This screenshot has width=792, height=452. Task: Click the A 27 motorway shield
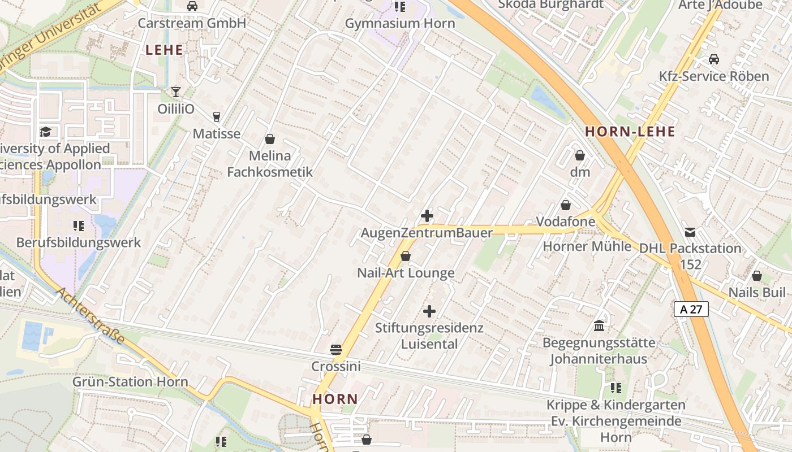pyautogui.click(x=691, y=309)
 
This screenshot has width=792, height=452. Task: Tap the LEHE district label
pyautogui.click(x=164, y=50)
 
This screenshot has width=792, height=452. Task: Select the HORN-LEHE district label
pyautogui.click(x=630, y=132)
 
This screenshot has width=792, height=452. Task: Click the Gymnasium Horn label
pyautogui.click(x=399, y=24)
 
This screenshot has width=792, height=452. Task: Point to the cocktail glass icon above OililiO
pyautogui.click(x=176, y=92)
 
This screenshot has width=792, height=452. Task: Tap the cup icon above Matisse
pyautogui.click(x=216, y=117)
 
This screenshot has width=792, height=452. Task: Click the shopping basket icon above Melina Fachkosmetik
pyautogui.click(x=270, y=139)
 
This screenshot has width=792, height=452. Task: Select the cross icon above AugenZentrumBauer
pyautogui.click(x=427, y=216)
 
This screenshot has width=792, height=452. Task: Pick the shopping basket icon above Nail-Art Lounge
pyautogui.click(x=406, y=257)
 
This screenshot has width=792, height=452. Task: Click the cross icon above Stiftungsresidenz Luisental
pyautogui.click(x=429, y=311)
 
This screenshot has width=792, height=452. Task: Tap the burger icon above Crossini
pyautogui.click(x=336, y=350)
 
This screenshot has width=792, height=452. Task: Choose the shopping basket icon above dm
pyautogui.click(x=580, y=155)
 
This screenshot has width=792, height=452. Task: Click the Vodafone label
pyautogui.click(x=566, y=221)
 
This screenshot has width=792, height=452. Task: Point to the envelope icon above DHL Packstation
pyautogui.click(x=690, y=232)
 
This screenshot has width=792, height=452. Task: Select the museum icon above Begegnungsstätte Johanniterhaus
pyautogui.click(x=599, y=326)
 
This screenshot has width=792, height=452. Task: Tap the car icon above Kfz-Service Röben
pyautogui.click(x=714, y=59)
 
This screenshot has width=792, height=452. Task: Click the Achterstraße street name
pyautogui.click(x=91, y=317)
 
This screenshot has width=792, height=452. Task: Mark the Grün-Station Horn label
pyautogui.click(x=130, y=382)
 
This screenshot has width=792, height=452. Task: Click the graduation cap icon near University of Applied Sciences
pyautogui.click(x=45, y=132)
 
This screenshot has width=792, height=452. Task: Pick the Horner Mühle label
pyautogui.click(x=587, y=246)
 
